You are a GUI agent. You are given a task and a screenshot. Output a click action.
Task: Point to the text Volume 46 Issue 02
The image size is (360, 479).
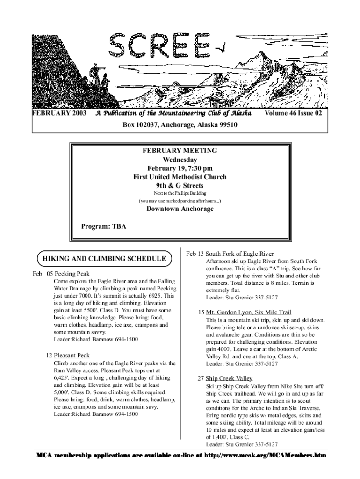293,113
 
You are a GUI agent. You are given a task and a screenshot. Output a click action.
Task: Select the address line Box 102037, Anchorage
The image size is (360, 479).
180,125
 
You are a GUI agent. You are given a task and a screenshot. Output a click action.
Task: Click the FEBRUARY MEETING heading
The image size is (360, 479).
180,151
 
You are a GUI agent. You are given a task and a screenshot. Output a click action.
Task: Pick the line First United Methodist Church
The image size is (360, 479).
180,177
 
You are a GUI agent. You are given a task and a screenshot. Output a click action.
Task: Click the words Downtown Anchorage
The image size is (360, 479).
180,209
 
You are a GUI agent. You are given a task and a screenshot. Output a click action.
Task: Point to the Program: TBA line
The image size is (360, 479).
104,226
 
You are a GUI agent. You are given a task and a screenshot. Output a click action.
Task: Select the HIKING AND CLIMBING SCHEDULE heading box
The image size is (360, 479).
104,258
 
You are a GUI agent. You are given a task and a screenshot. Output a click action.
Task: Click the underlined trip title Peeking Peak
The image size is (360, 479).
72,274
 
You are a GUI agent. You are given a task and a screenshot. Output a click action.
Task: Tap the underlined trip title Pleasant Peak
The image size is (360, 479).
72,356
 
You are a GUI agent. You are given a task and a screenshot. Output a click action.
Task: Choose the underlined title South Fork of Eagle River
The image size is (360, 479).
239,254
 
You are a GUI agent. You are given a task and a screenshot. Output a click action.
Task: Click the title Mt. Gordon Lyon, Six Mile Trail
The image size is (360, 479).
248,312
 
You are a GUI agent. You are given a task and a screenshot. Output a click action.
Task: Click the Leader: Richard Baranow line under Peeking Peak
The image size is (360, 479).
96,339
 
